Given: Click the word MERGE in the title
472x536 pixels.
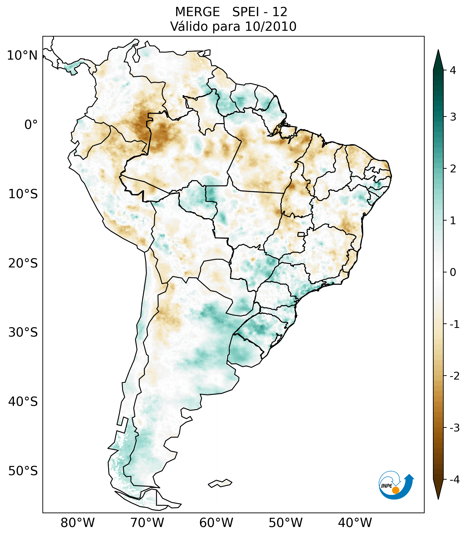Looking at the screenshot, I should point(197,12).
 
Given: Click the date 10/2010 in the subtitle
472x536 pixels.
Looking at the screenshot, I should point(271,26).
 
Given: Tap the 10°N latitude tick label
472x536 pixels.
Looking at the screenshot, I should point(22,56).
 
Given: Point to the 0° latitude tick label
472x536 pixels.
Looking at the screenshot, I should point(31,125).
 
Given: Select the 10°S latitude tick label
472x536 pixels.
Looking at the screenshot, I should point(23,194).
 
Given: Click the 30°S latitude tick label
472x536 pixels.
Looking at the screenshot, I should point(23,332).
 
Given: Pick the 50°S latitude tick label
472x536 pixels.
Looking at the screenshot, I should point(23,471).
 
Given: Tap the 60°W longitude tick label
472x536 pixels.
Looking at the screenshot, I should point(216,523).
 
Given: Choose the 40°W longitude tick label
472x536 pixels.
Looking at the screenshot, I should point(355,523).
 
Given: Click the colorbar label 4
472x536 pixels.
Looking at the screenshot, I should point(453,70).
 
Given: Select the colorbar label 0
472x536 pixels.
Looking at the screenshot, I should point(453,272).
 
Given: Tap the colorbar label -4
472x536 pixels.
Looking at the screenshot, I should point(454,480).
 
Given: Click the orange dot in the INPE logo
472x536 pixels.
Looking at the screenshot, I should point(396,490).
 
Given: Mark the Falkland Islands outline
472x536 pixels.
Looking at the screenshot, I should point(220,483).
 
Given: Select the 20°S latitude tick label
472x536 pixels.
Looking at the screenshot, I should point(23,263).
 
